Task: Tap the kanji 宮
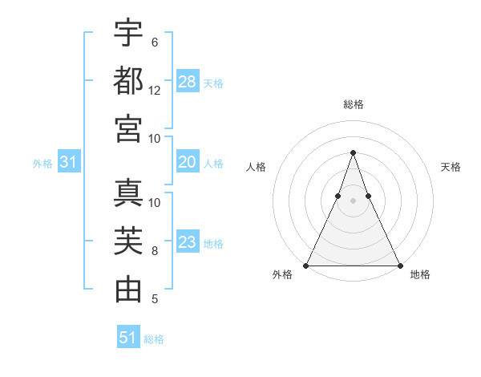(x=128, y=128)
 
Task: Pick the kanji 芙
(x=128, y=241)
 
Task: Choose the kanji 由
(x=128, y=289)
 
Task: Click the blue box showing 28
(x=188, y=82)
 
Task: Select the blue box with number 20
(x=188, y=163)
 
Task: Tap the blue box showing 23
(x=188, y=242)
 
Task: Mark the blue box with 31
(x=69, y=163)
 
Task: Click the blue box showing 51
(x=128, y=338)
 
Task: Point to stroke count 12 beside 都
(x=155, y=91)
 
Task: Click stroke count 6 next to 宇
(x=155, y=42)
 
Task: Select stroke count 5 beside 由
(x=155, y=299)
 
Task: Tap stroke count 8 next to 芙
(x=155, y=251)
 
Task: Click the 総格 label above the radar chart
(x=353, y=104)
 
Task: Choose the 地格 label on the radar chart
(x=420, y=274)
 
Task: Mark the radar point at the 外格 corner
(x=306, y=266)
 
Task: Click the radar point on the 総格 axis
(x=353, y=152)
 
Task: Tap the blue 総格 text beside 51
(x=154, y=339)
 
